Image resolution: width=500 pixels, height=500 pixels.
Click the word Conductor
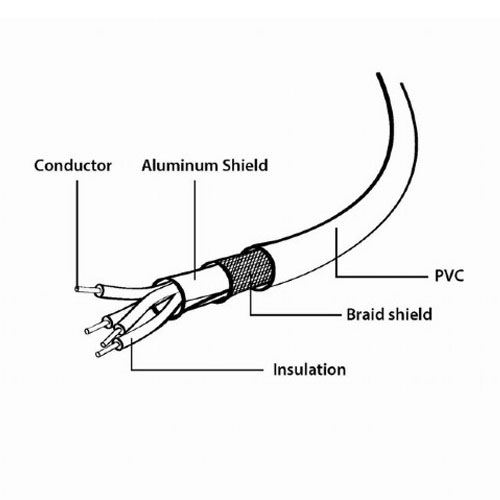[73, 166]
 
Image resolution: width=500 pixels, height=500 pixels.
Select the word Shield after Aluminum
[245, 165]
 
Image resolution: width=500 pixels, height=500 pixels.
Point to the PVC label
[449, 276]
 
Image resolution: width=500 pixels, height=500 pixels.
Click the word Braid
[365, 314]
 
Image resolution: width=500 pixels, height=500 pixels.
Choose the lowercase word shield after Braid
[410, 314]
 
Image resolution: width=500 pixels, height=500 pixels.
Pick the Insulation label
[309, 370]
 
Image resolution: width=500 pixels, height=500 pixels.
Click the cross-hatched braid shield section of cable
[248, 271]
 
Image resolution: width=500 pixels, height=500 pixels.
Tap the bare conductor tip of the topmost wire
[87, 289]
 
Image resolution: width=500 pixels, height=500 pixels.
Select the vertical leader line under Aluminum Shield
[195, 229]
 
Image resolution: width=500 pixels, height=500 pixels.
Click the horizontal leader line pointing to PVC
[382, 276]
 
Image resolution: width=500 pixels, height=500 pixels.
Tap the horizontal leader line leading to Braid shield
[296, 314]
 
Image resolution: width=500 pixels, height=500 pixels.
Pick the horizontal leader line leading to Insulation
[197, 370]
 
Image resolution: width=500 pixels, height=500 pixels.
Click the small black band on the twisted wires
[156, 310]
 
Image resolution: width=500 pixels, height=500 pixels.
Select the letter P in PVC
[439, 276]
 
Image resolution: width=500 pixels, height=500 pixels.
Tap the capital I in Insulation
[275, 370]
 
